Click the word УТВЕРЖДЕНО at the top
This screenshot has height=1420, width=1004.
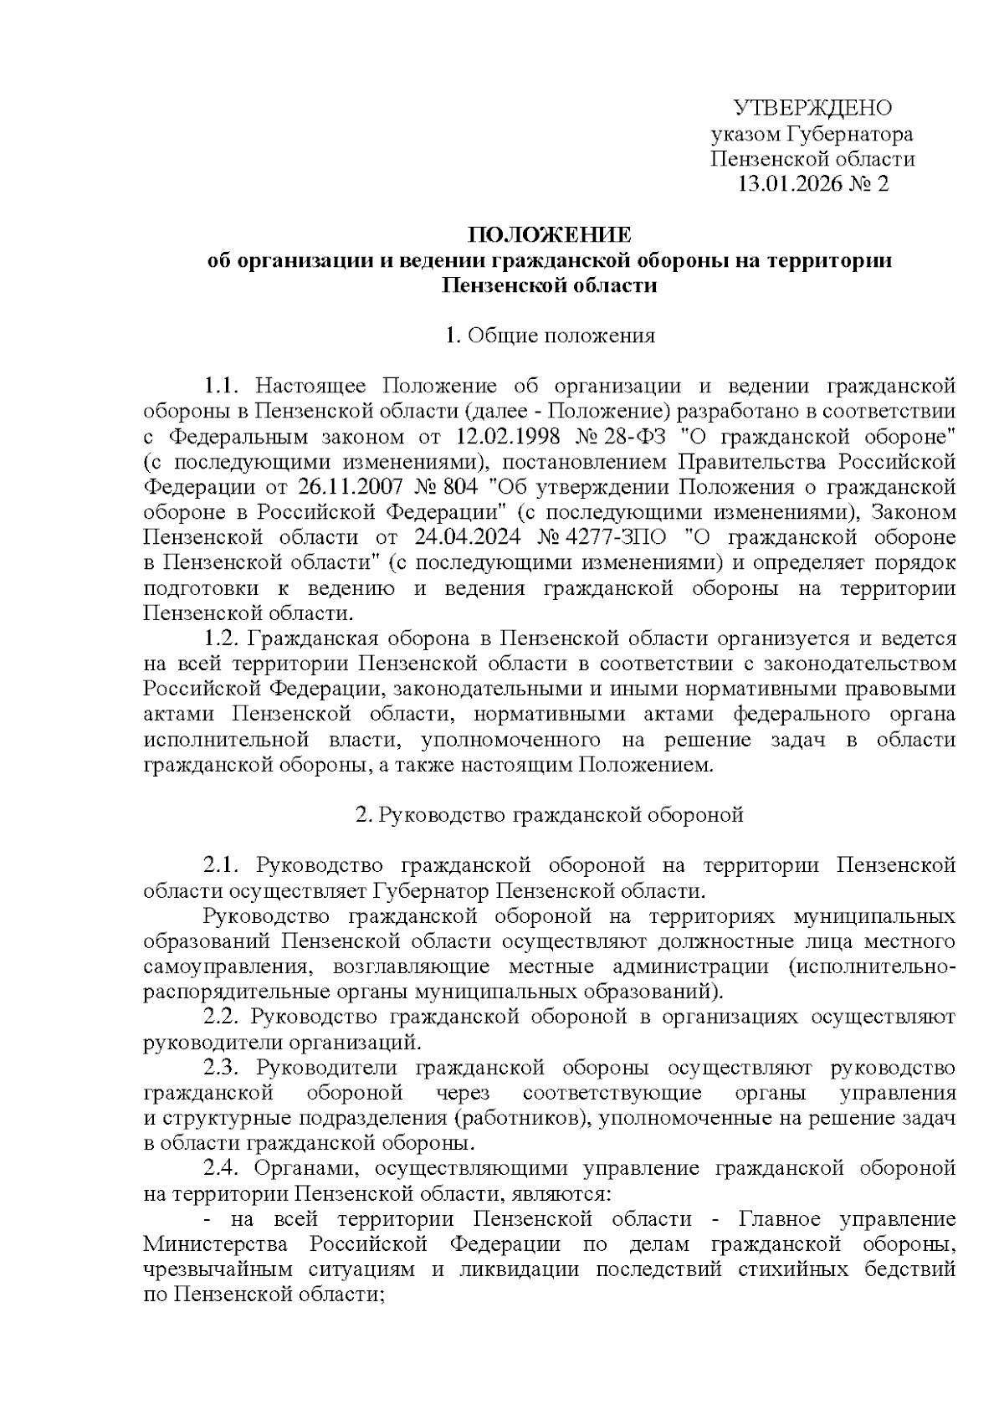pos(812,108)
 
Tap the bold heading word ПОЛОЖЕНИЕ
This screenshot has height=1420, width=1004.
pos(550,234)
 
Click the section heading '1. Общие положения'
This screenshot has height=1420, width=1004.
pos(550,336)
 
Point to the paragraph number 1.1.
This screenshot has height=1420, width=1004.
pos(223,387)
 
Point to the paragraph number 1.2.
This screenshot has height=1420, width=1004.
pos(223,638)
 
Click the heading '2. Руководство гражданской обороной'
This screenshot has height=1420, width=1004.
pos(550,815)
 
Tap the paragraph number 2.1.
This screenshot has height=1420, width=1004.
pos(223,865)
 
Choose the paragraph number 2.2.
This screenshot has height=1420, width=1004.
pos(223,1018)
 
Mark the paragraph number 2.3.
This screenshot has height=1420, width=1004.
pos(223,1068)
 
